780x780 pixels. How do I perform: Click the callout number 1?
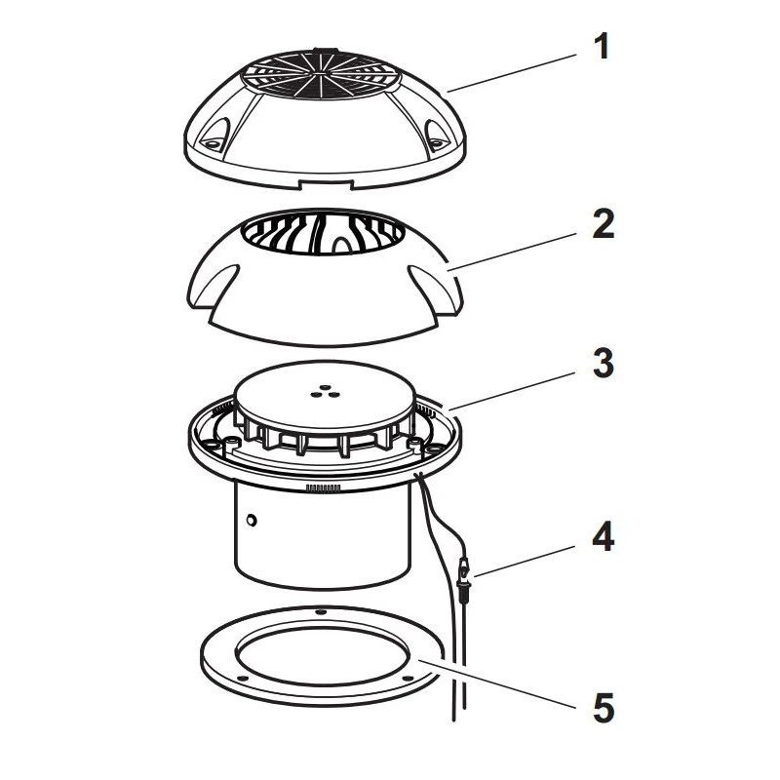[x=602, y=46]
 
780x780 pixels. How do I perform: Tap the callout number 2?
[x=603, y=224]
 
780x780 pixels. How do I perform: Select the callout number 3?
[x=603, y=363]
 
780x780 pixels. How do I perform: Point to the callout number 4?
[x=603, y=537]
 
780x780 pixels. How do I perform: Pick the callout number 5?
[x=604, y=708]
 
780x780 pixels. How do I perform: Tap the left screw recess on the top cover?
[x=214, y=136]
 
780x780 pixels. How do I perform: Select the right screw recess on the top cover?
[x=435, y=136]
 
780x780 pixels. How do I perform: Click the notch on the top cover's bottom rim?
[x=326, y=184]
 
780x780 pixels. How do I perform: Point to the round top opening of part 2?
[x=324, y=233]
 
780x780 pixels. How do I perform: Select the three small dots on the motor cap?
[x=325, y=392]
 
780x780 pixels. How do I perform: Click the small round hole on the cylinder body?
[x=252, y=521]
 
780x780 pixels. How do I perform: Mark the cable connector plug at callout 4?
[x=463, y=578]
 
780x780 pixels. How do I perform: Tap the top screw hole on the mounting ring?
[x=322, y=610]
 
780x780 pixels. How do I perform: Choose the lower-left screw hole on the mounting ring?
[x=242, y=678]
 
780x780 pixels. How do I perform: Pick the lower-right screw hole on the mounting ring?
[x=408, y=678]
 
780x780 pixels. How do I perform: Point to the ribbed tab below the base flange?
[x=324, y=488]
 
